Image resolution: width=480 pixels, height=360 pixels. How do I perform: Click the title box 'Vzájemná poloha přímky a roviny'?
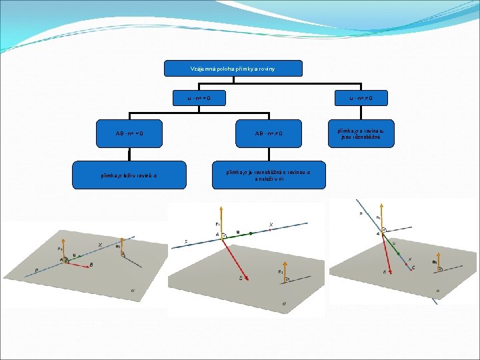click(233, 69)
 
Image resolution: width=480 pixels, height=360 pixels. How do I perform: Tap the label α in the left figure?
click(132, 290)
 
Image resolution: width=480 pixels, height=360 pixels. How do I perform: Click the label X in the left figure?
click(100, 245)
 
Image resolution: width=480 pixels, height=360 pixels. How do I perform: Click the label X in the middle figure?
click(271, 225)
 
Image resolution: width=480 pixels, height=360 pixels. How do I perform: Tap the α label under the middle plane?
click(284, 303)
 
